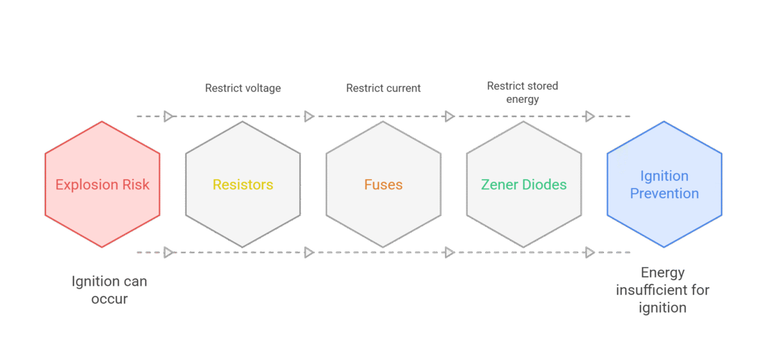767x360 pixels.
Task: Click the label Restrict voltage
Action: (x=243, y=88)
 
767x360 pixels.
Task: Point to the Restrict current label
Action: (x=383, y=88)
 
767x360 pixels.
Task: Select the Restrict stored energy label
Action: (x=523, y=93)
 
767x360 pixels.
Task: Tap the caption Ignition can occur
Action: (x=109, y=290)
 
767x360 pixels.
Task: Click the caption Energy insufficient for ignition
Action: (x=663, y=290)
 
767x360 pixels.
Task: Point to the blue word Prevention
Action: (x=665, y=194)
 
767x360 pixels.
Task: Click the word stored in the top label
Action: (x=542, y=86)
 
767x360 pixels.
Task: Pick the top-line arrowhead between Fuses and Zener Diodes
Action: (x=449, y=116)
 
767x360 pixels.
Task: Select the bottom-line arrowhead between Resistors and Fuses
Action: (x=309, y=253)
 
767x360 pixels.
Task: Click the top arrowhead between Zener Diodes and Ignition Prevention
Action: (x=590, y=116)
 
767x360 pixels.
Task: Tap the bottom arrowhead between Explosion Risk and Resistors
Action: (x=169, y=253)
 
